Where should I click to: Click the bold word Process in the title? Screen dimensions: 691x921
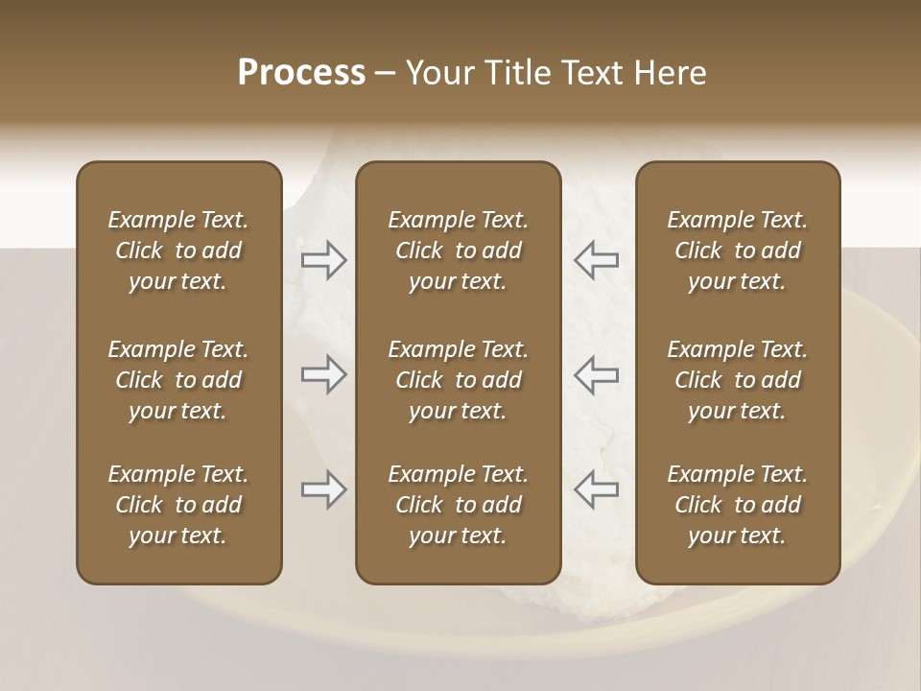coord(301,73)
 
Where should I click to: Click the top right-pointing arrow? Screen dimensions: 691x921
coord(324,259)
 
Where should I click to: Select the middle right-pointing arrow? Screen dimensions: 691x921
coord(324,374)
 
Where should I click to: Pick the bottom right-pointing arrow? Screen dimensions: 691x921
coord(324,489)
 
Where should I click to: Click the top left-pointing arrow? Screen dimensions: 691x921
coord(596,259)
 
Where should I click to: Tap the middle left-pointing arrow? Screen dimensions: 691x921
coord(596,374)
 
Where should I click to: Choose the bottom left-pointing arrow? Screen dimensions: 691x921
coord(596,489)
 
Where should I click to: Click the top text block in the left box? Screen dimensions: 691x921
coord(178,250)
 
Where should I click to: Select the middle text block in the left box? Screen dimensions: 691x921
coord(178,380)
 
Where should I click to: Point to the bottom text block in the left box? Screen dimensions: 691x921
coord(178,505)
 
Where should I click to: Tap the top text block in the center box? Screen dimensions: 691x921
coord(459,250)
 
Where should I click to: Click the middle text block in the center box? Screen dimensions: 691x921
coord(459,380)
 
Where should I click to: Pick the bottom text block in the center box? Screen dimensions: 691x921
coord(459,505)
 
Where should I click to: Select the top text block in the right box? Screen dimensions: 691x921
coord(738,250)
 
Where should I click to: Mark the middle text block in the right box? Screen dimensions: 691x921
coord(738,380)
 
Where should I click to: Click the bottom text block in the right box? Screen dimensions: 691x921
coord(738,505)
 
